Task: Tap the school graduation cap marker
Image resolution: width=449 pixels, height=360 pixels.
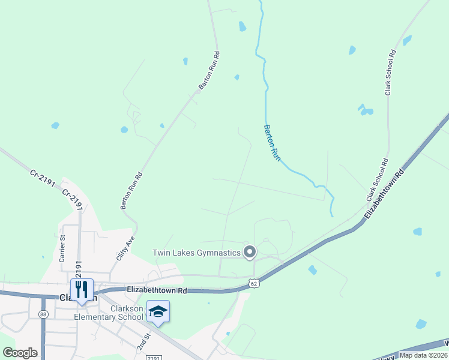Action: click(158, 311)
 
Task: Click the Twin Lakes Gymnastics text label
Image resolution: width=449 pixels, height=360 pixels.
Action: click(196, 253)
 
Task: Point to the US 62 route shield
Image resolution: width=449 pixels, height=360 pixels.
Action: click(254, 283)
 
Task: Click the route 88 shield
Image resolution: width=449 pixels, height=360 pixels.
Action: click(43, 314)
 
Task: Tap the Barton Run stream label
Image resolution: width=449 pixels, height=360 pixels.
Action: click(273, 142)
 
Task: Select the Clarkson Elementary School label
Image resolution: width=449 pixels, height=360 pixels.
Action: click(109, 313)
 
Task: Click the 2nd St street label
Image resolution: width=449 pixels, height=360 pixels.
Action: click(143, 343)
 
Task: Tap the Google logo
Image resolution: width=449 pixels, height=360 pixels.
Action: click(20, 353)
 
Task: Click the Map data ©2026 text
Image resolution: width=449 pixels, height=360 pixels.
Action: click(423, 355)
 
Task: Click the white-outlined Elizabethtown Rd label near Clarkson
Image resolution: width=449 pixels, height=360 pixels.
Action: click(157, 290)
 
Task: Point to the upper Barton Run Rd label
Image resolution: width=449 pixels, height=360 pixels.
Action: click(209, 70)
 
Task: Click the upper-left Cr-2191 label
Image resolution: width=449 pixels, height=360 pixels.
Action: click(42, 180)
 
